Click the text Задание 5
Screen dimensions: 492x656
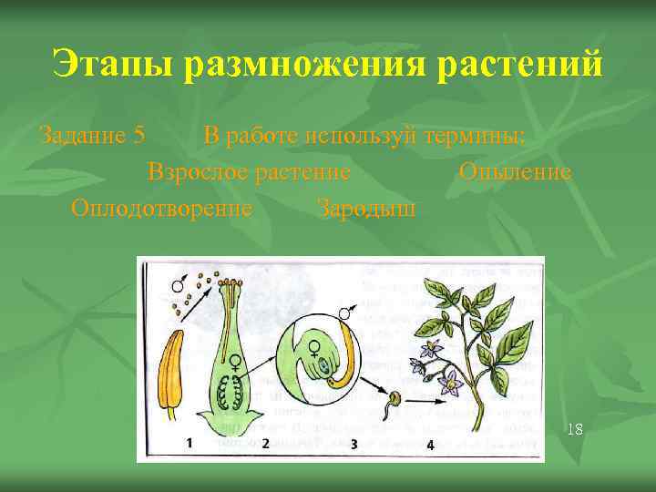(92, 136)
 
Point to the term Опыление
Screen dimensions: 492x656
(515, 172)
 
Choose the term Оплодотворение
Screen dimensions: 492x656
(162, 208)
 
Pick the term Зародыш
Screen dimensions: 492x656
(366, 208)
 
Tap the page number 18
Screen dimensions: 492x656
(574, 428)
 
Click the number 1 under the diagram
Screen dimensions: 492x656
(189, 443)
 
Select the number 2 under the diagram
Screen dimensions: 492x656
(265, 444)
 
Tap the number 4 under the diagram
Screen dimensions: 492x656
(429, 445)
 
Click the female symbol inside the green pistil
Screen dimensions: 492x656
(234, 362)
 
